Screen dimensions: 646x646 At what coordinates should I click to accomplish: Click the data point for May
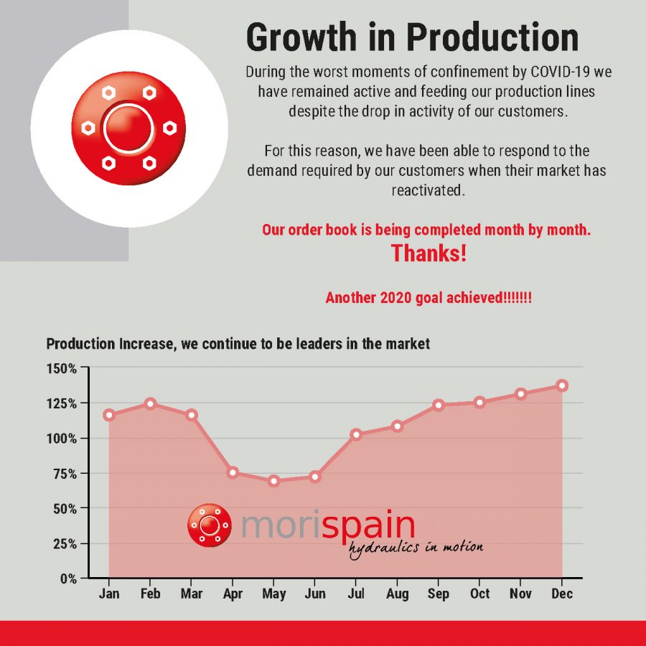[273, 481]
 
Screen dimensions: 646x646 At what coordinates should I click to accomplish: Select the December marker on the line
[562, 385]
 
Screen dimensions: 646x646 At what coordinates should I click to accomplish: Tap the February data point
[150, 403]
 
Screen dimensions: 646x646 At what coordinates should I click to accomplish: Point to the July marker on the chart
[356, 434]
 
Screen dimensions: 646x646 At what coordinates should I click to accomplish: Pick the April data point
[233, 472]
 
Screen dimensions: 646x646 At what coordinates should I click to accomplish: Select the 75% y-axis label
[65, 473]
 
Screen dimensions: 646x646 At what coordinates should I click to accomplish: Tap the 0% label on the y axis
[67, 578]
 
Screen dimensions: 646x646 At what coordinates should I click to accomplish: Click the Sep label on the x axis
[439, 594]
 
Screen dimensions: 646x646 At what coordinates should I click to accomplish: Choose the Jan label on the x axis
[109, 594]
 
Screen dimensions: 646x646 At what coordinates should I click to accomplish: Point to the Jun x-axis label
[314, 594]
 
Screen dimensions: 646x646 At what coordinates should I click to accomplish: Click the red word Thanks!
[429, 253]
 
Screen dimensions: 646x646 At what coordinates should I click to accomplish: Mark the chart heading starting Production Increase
[238, 344]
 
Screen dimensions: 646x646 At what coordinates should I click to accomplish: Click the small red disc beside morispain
[209, 525]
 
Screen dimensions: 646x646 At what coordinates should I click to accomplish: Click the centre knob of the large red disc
[129, 128]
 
